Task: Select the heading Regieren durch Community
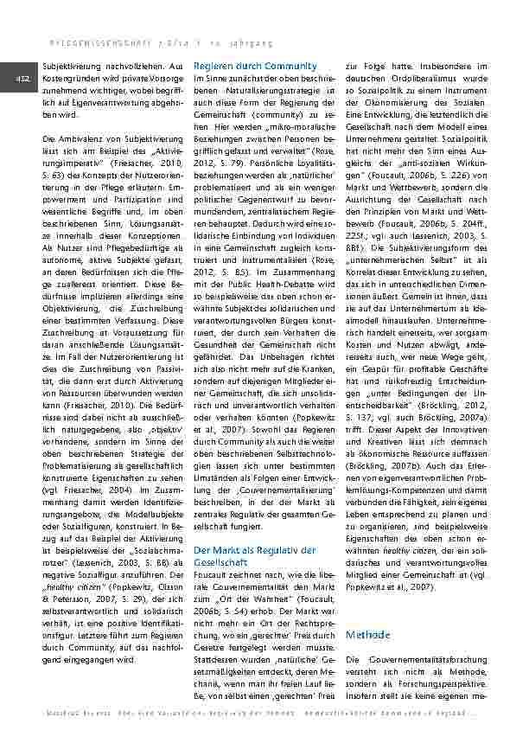244,67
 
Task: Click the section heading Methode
367,636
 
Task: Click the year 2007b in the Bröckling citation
401,464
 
